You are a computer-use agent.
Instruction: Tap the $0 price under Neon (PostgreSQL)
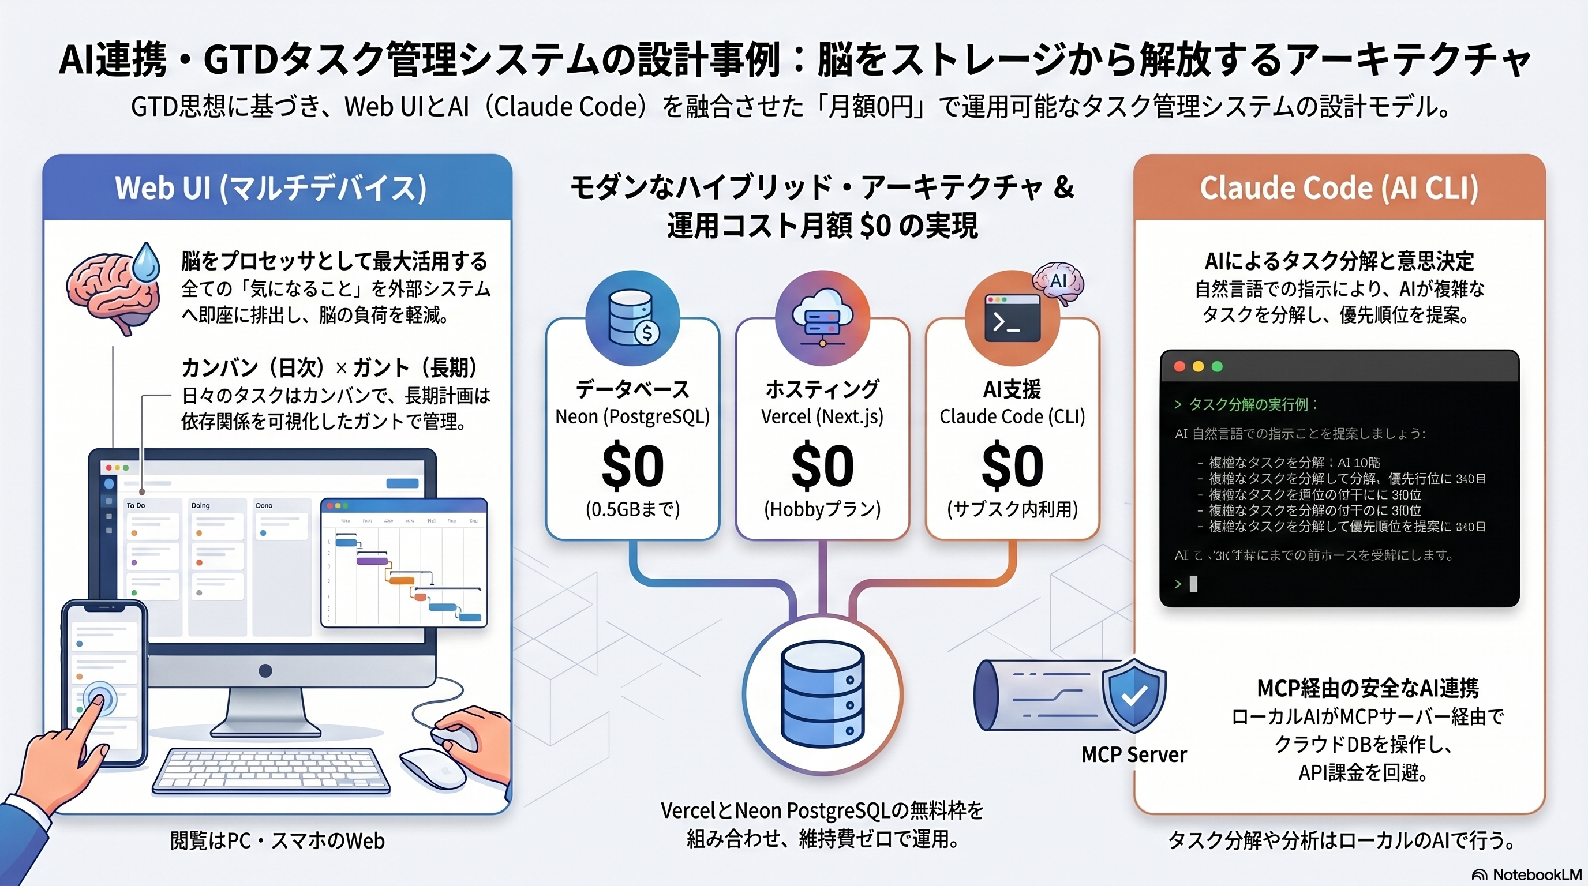pos(632,467)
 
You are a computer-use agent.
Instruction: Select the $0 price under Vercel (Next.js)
pos(822,467)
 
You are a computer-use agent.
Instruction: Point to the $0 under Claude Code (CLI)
pos(1012,467)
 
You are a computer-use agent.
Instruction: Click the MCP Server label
pos(1134,754)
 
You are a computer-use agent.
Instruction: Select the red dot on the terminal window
pos(1179,367)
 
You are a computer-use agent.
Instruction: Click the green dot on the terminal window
pos(1217,367)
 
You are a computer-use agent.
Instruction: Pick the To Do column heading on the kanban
pos(136,505)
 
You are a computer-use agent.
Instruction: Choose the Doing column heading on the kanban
pos(200,505)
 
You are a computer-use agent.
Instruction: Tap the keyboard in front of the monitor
pos(271,770)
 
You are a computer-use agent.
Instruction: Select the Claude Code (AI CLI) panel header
pos(1339,188)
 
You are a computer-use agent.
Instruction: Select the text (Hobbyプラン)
pos(822,509)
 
